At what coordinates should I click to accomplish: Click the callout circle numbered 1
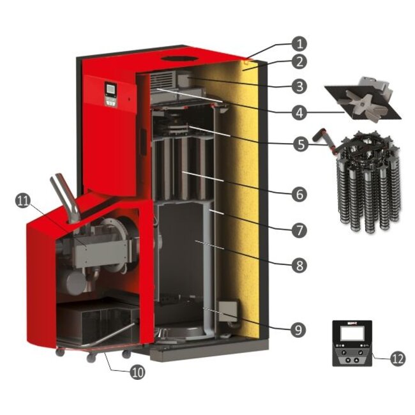point(299,43)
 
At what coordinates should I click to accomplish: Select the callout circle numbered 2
point(299,62)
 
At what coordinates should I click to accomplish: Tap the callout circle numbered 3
point(299,86)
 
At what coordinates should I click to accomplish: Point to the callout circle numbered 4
point(299,112)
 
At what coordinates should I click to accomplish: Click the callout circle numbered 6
point(299,195)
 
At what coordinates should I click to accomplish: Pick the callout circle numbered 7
point(299,230)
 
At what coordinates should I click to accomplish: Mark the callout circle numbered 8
point(299,265)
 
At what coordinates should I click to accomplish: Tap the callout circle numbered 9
point(298,330)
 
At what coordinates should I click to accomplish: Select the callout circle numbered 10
point(138,372)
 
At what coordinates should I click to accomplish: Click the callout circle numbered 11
point(23,201)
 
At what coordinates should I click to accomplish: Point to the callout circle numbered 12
point(398,359)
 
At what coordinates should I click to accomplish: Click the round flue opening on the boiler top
point(180,59)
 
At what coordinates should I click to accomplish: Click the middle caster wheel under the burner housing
point(91,358)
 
